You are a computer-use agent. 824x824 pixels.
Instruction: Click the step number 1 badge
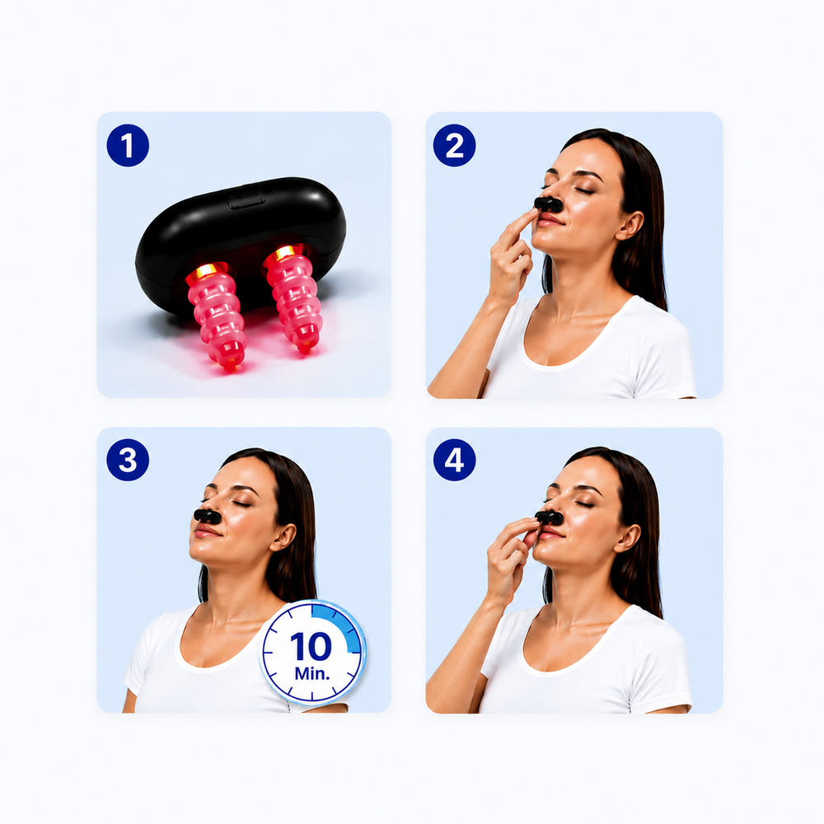click(x=128, y=146)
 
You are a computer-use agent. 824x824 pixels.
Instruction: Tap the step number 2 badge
click(x=455, y=146)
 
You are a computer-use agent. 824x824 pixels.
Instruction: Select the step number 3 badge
click(x=128, y=460)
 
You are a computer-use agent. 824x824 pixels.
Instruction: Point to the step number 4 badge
click(x=455, y=460)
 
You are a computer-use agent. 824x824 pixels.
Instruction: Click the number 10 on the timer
click(x=311, y=646)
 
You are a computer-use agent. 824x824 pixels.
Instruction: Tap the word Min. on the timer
click(x=312, y=673)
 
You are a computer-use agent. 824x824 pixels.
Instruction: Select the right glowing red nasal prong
click(x=293, y=297)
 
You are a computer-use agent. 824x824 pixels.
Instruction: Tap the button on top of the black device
click(x=246, y=199)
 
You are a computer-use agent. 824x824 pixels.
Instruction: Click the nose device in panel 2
click(x=548, y=204)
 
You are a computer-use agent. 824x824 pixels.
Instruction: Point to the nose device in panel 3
click(x=207, y=516)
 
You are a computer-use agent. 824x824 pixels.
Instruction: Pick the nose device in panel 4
click(x=549, y=518)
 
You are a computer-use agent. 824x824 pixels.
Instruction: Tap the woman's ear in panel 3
click(x=283, y=536)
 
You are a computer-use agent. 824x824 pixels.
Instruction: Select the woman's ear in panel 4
click(x=627, y=537)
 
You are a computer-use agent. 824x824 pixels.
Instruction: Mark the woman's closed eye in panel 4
click(x=583, y=504)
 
